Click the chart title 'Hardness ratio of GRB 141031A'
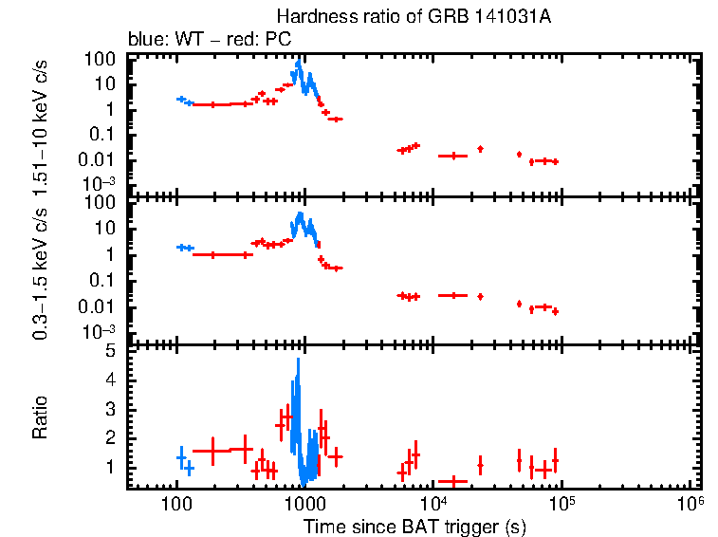click(398, 16)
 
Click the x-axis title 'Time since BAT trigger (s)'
click(414, 526)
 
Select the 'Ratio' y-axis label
click(41, 418)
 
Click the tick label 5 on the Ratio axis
click(110, 350)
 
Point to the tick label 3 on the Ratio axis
click(110, 409)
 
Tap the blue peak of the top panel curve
click(299, 65)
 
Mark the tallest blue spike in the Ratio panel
click(299, 361)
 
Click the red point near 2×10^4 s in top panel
click(480, 149)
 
